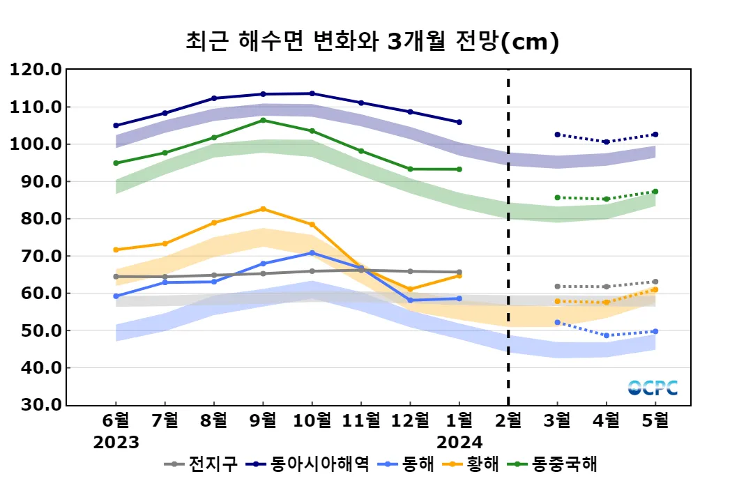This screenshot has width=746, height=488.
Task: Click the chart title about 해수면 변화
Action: (x=372, y=42)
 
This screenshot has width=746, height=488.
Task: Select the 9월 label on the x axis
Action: (x=263, y=420)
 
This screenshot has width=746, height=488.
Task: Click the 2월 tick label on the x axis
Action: (x=508, y=420)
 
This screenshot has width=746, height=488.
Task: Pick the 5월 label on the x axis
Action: (x=655, y=420)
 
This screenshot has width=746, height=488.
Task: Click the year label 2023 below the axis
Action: (x=116, y=442)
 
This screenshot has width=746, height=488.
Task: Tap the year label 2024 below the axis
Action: (x=459, y=442)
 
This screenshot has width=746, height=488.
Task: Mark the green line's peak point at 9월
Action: (x=263, y=120)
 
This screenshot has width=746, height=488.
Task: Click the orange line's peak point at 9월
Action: (x=263, y=209)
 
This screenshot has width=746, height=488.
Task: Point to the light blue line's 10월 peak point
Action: (x=312, y=253)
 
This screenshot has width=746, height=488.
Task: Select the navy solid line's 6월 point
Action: (x=116, y=125)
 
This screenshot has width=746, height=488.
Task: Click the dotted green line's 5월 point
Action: (x=655, y=192)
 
